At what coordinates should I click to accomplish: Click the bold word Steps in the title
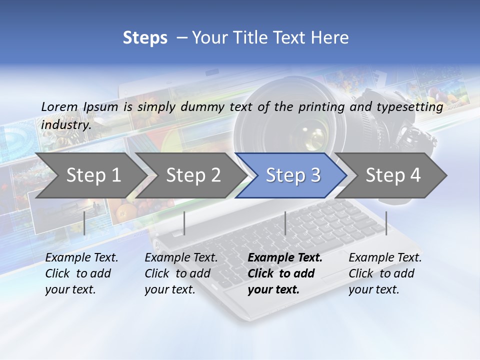(145, 38)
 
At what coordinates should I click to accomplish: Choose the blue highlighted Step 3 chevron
(293, 175)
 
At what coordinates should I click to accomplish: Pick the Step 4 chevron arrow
(393, 175)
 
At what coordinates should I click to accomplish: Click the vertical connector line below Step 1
(84, 223)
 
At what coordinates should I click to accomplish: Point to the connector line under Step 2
(184, 223)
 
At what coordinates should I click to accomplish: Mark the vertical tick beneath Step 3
(285, 223)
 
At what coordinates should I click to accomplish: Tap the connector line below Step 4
(386, 223)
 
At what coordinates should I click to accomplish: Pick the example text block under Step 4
(385, 273)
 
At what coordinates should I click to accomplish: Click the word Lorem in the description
(59, 106)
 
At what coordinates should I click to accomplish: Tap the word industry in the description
(66, 125)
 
